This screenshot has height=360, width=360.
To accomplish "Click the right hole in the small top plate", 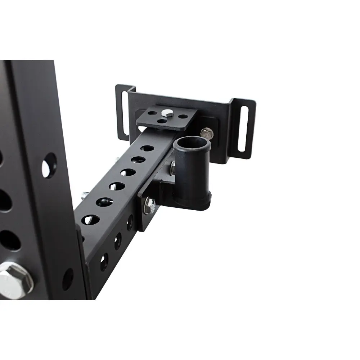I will point(183,117).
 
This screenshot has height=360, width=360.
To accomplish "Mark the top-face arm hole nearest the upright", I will point(91,219).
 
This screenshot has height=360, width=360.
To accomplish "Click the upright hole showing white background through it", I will point(49,166).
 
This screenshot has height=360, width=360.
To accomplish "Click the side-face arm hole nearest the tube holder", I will point(130,222).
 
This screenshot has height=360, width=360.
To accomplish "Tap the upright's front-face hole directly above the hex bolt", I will point(9,240).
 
